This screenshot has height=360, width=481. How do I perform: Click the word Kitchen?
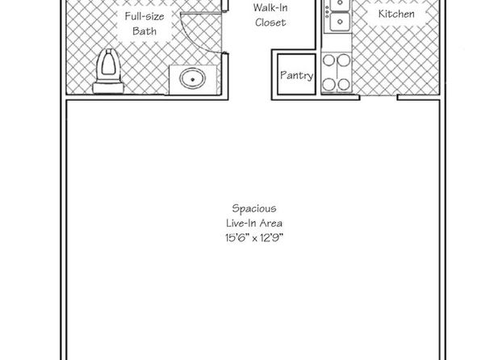[396, 14]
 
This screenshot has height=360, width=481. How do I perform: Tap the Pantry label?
[297, 76]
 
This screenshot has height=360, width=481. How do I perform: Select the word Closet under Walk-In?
[270, 23]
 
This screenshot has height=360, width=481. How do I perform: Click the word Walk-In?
[270, 7]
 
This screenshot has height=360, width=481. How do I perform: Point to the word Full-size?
[144, 16]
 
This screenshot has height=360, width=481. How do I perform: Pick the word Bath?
[144, 31]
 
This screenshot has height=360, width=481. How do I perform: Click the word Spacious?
[254, 209]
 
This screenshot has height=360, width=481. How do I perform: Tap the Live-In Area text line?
[254, 223]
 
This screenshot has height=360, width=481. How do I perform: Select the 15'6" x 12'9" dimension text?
[254, 238]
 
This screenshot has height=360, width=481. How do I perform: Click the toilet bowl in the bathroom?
[108, 64]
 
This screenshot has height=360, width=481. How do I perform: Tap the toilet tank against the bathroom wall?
[108, 87]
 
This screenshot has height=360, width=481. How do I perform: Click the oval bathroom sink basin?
[192, 79]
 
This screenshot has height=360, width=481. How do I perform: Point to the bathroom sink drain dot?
[193, 79]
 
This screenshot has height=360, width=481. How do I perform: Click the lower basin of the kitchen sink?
[341, 22]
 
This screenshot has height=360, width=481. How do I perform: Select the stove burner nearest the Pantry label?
[328, 84]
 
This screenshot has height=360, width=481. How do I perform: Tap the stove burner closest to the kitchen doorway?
[344, 84]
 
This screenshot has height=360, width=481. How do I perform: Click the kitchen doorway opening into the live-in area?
[379, 97]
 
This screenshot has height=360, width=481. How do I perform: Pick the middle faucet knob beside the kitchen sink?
[327, 11]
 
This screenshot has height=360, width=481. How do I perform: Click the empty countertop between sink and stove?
[337, 42]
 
